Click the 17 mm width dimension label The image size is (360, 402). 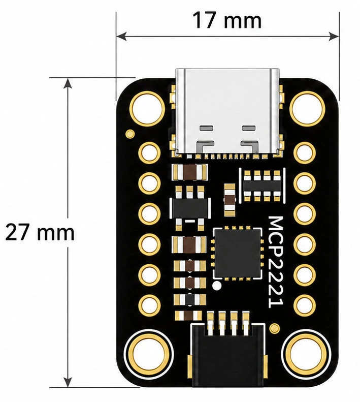pos(227,20)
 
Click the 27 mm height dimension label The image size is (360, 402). pos(40,232)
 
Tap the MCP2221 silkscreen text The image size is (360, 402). pos(276,262)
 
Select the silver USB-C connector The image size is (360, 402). pos(227,112)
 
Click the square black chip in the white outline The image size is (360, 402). pos(238,253)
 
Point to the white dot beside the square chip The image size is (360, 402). pos(217,285)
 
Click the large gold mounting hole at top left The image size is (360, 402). pos(147,109)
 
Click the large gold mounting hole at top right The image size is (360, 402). pos(307,109)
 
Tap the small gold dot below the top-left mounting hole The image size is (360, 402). pos(130,134)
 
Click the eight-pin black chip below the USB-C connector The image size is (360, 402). pos(262,185)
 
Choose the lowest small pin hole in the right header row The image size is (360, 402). pos(304,304)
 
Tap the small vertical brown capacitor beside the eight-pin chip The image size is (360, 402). pos(230,199)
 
